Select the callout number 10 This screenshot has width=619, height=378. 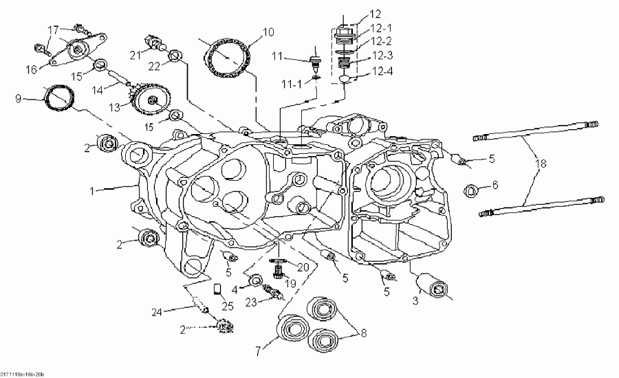click(x=268, y=32)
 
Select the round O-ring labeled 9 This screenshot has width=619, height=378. click(x=58, y=98)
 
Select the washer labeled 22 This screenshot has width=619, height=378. click(x=175, y=55)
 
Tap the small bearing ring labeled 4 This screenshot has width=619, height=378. click(x=254, y=280)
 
